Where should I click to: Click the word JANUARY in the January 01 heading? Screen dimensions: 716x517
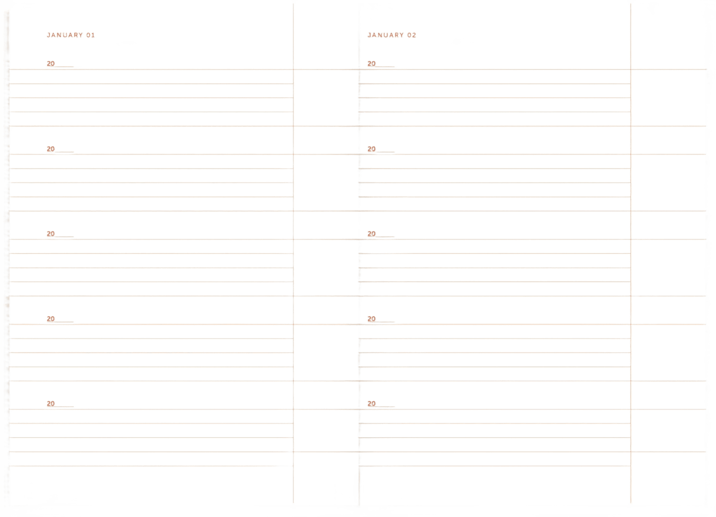(x=65, y=35)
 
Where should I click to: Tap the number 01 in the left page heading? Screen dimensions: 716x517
(x=91, y=35)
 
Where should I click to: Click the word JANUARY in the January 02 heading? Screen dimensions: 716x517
(x=386, y=35)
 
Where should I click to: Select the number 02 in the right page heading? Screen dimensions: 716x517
(x=412, y=35)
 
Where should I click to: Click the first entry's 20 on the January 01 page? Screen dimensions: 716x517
(x=51, y=64)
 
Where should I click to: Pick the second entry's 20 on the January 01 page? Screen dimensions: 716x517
(x=51, y=149)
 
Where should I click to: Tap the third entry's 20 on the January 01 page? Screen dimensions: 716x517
(x=51, y=234)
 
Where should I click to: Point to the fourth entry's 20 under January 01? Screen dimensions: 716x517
(x=51, y=319)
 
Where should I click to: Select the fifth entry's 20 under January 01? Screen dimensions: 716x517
(x=51, y=404)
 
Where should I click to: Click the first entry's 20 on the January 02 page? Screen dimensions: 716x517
(x=372, y=64)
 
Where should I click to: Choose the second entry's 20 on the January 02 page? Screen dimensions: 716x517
(x=372, y=149)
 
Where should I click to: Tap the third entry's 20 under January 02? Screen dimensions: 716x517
(x=372, y=234)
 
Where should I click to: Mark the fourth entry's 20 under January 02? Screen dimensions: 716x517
(x=372, y=319)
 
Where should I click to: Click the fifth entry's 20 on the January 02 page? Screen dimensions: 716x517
(x=372, y=404)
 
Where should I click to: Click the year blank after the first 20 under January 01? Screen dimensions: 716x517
(x=64, y=67)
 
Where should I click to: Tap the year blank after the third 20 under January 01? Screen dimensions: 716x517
(x=64, y=236)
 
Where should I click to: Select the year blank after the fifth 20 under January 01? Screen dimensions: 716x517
(x=64, y=406)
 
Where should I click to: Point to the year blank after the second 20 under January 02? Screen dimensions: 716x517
(x=385, y=151)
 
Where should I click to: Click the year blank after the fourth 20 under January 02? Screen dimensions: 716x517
(x=385, y=322)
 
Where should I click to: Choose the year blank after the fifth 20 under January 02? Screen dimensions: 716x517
(x=385, y=406)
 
